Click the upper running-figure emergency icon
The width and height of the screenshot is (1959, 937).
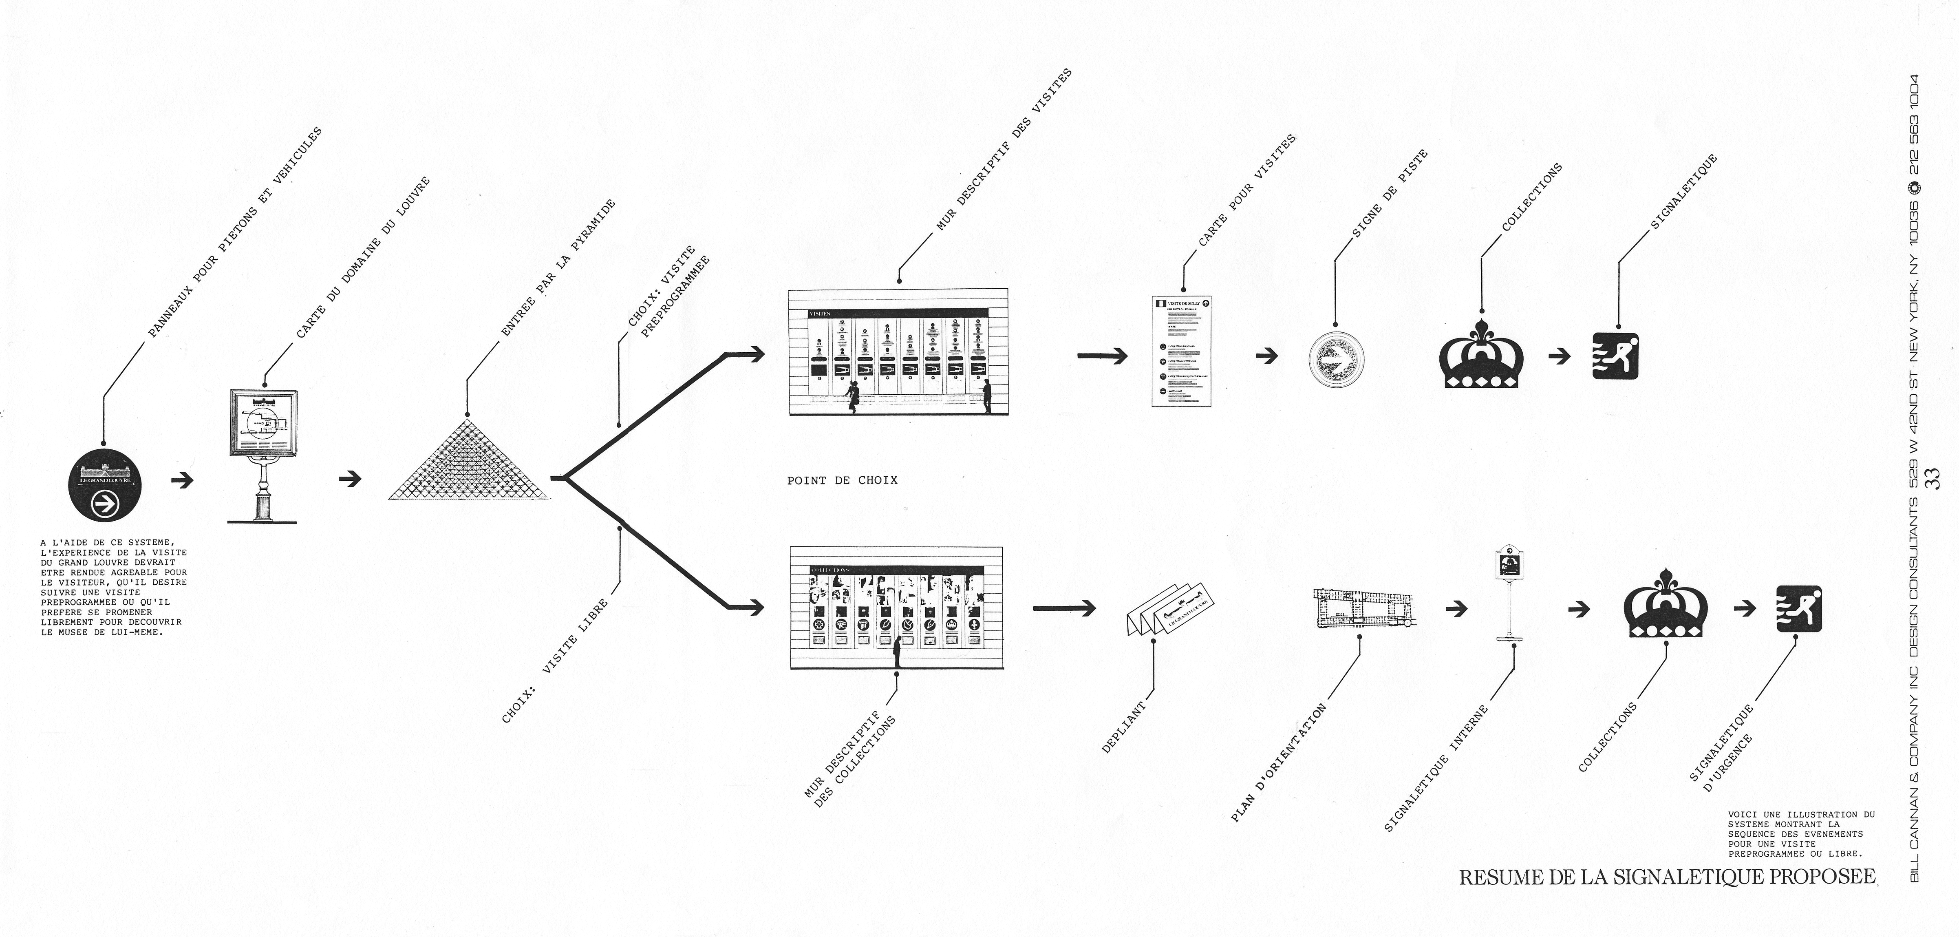[x=1617, y=357]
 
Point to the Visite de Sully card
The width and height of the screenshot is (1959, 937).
[x=1180, y=351]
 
